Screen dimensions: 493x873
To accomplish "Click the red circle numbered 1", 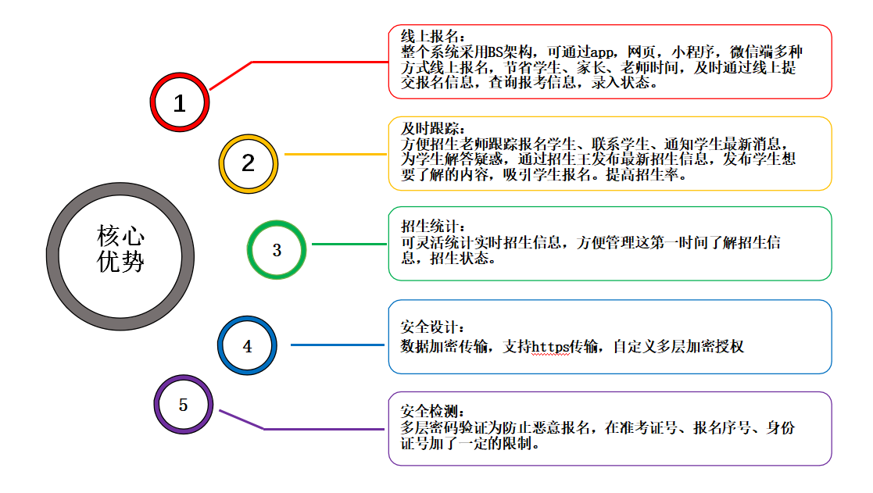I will [180, 102].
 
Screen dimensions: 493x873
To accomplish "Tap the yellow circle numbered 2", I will [249, 163].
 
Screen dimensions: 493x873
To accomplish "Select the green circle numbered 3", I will [276, 250].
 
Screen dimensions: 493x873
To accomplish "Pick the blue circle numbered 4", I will [248, 346].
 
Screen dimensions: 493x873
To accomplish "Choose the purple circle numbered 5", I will [183, 405].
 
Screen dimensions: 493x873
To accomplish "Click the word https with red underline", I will [553, 345].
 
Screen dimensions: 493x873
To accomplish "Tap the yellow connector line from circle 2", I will [336, 154].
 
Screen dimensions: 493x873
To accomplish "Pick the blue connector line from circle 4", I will [339, 345].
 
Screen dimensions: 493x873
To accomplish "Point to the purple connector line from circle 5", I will [328, 429].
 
